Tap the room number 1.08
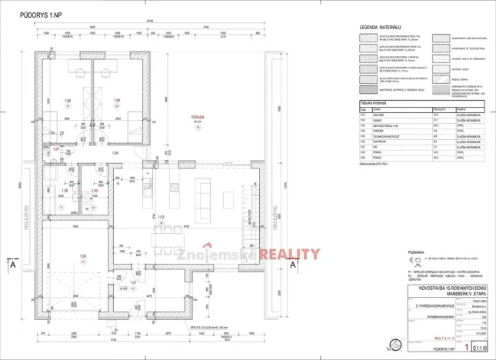click(x=68, y=101)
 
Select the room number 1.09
click(x=118, y=101)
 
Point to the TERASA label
click(x=199, y=116)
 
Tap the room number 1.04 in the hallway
click(x=116, y=154)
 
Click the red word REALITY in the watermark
click(x=289, y=255)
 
